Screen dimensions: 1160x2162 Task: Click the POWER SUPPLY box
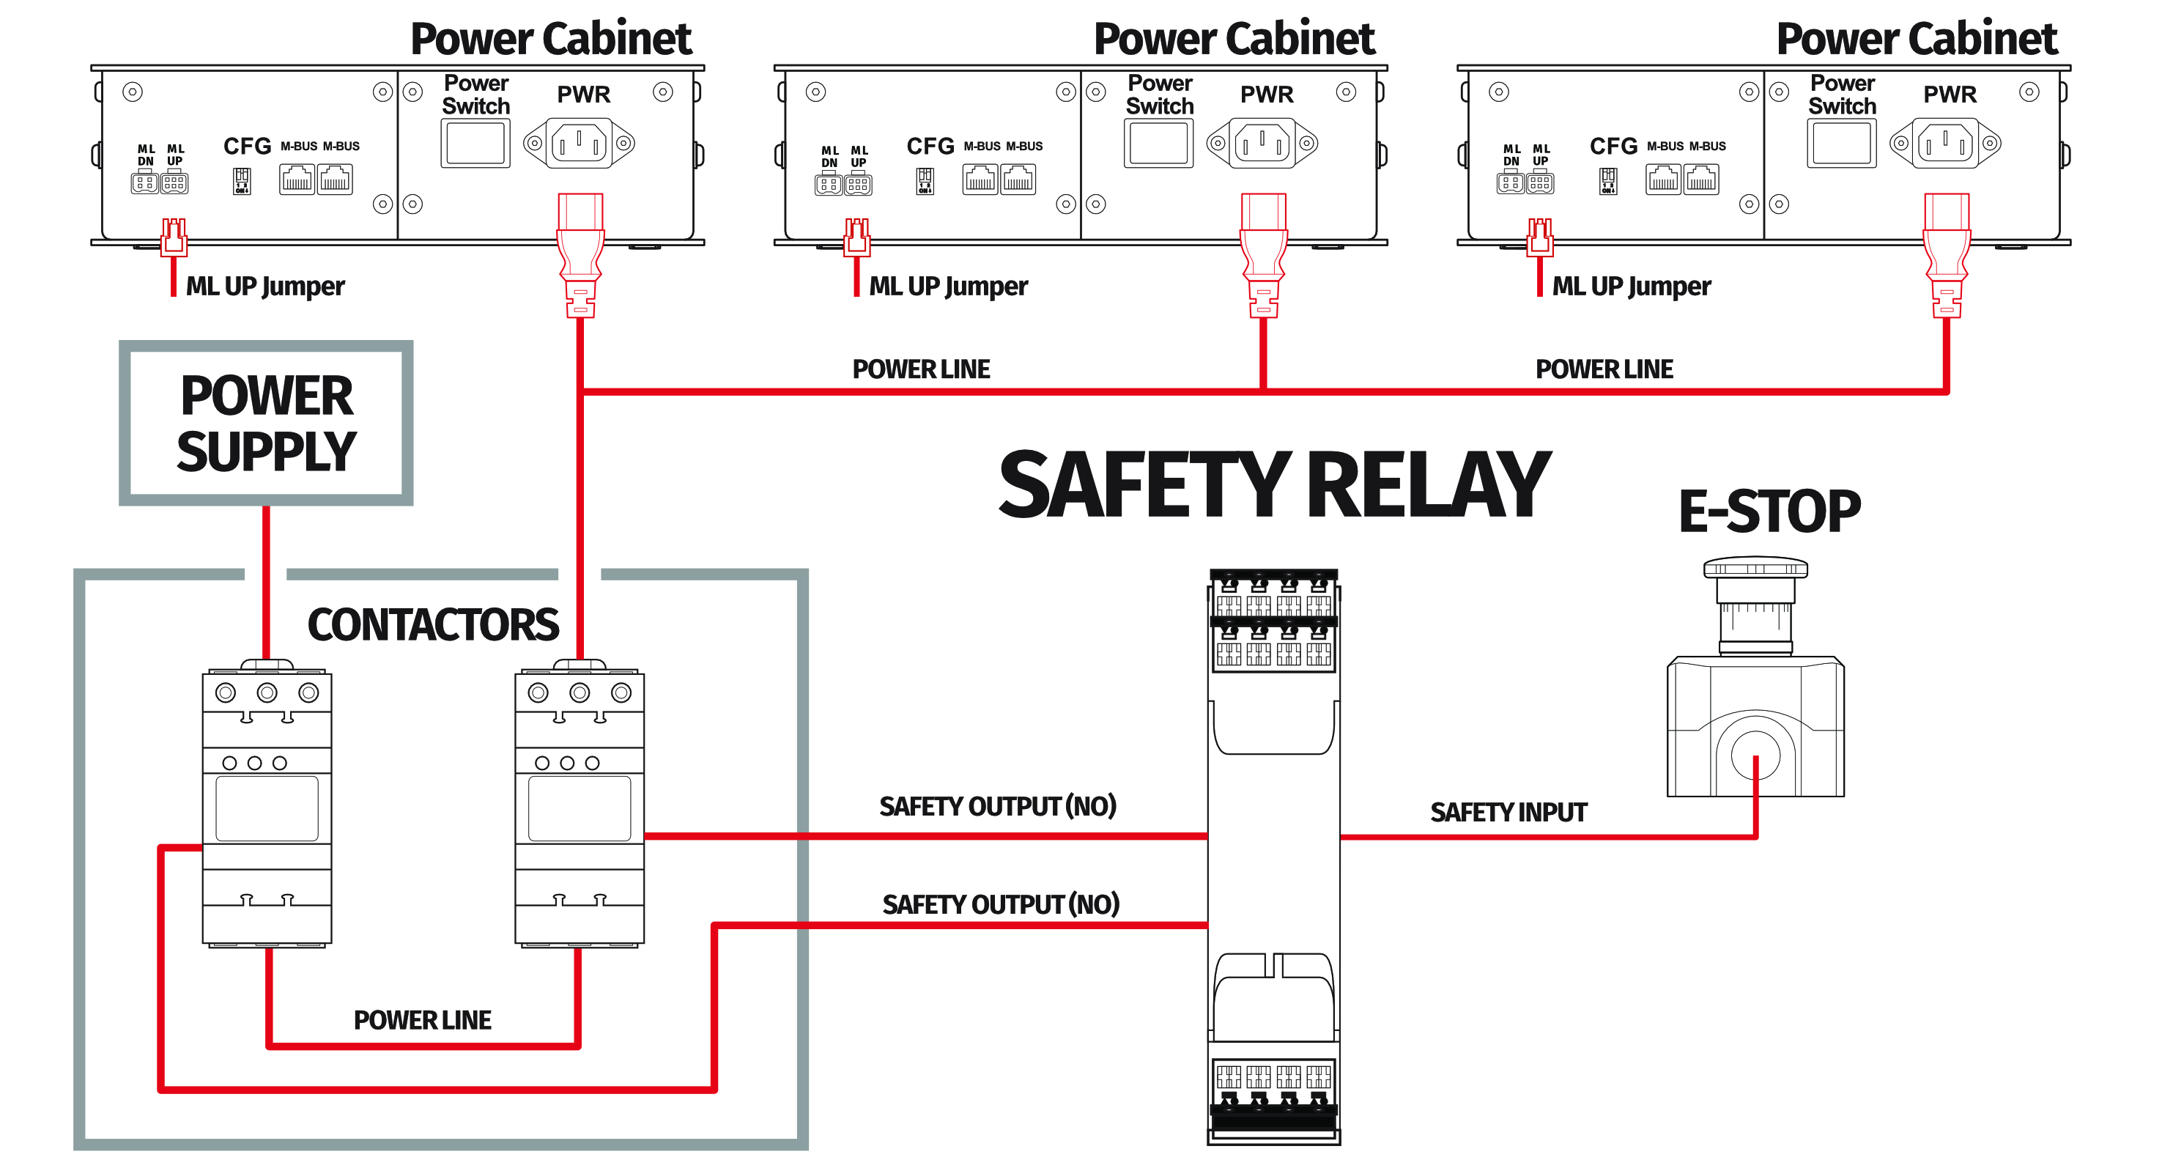[x=266, y=423]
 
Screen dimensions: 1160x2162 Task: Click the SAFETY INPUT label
[x=1508, y=812]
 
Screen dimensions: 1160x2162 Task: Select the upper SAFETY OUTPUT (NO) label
[x=997, y=806]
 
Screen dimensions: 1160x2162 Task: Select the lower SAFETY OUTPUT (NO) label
[x=1001, y=904]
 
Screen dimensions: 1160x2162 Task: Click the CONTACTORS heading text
[x=432, y=624]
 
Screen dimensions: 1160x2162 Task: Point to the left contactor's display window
[x=267, y=808]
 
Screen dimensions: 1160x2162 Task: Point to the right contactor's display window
[x=579, y=808]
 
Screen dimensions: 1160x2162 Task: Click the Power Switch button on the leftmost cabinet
[x=475, y=144]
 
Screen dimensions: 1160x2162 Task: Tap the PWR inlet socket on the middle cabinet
[x=1262, y=144]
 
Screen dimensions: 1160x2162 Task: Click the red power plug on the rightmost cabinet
[x=1947, y=252]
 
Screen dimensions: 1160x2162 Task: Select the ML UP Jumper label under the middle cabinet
[x=947, y=287]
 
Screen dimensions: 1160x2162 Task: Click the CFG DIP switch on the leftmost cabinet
[x=242, y=180]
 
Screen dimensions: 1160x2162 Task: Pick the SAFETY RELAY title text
[x=1273, y=484]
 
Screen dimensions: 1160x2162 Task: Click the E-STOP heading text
[x=1769, y=511]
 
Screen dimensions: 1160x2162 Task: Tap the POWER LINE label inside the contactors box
[x=422, y=1020]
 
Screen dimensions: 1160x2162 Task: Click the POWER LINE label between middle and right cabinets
[x=1604, y=369]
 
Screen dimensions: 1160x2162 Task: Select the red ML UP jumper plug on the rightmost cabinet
[x=1539, y=237]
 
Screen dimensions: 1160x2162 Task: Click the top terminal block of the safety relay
[x=1273, y=621]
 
